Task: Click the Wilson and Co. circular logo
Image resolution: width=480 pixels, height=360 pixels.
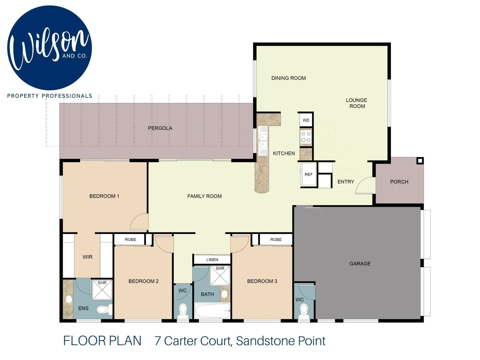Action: pyautogui.click(x=49, y=48)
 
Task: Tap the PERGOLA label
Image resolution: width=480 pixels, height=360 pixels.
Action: pyautogui.click(x=160, y=128)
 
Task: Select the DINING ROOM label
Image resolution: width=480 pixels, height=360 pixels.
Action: pyautogui.click(x=288, y=78)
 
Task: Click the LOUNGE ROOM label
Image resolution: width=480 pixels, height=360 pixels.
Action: pyautogui.click(x=357, y=103)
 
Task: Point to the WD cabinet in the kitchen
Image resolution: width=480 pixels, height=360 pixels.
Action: pyautogui.click(x=306, y=120)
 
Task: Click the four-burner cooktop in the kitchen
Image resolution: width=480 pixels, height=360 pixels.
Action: pyautogui.click(x=306, y=137)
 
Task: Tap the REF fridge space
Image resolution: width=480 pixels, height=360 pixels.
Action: pyautogui.click(x=308, y=174)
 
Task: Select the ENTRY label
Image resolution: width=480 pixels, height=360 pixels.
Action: pyautogui.click(x=346, y=182)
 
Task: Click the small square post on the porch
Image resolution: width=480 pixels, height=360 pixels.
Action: pyautogui.click(x=420, y=161)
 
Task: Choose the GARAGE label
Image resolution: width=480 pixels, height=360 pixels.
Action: pyautogui.click(x=360, y=264)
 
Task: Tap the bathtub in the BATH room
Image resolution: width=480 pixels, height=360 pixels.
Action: pyautogui.click(x=212, y=311)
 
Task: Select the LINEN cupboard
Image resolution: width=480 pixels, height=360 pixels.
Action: pyautogui.click(x=212, y=260)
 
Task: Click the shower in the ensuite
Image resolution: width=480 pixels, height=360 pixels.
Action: pyautogui.click(x=102, y=289)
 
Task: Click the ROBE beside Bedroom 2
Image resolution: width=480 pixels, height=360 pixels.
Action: pyautogui.click(x=130, y=239)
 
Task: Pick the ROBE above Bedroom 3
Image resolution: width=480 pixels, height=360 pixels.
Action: pyautogui.click(x=276, y=239)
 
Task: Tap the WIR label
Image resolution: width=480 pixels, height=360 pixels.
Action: pyautogui.click(x=87, y=257)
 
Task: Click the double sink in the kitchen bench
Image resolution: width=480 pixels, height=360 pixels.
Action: pyautogui.click(x=263, y=141)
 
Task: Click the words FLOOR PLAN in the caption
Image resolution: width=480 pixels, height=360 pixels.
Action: pyautogui.click(x=102, y=341)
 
